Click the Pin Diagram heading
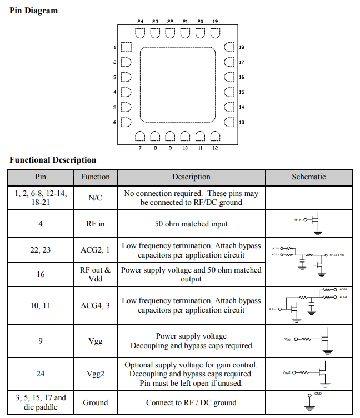[34, 11]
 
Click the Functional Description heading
[53, 160]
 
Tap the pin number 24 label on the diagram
[140, 22]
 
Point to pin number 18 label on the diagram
[241, 48]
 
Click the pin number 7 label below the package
[140, 148]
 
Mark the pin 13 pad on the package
[229, 122]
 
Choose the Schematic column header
[308, 177]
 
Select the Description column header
[191, 177]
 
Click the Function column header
[96, 177]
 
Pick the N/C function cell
[96, 198]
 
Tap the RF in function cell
[96, 224]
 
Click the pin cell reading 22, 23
[41, 250]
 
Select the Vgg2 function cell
[96, 374]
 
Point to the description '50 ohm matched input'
[191, 224]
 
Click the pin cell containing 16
[41, 274]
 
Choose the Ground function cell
[96, 402]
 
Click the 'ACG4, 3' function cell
[96, 305]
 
